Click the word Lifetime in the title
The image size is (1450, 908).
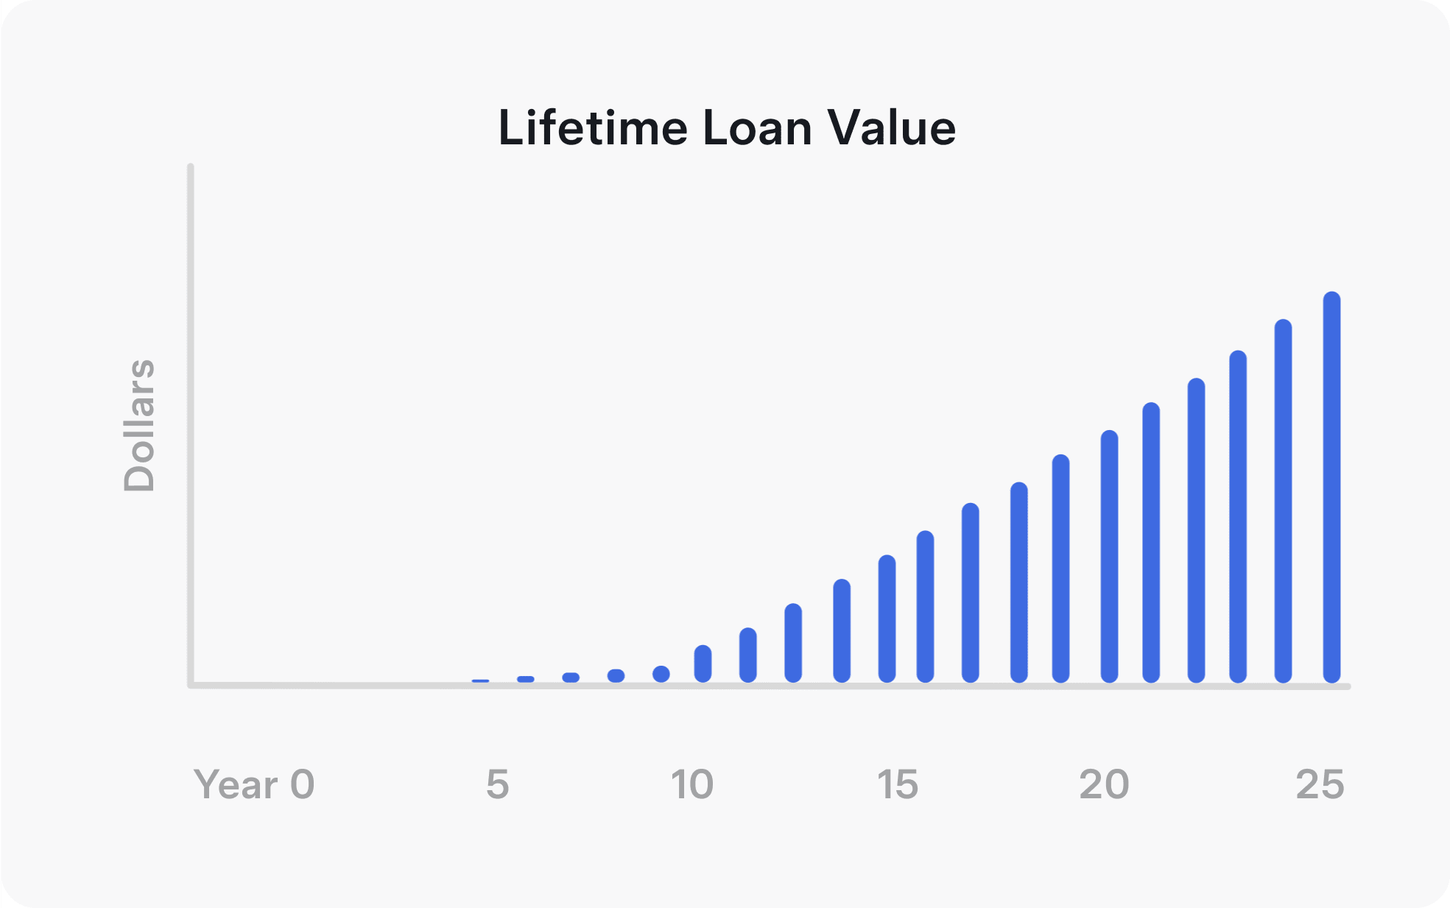click(593, 127)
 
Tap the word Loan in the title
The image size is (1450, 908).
click(758, 127)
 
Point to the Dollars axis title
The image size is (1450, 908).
click(139, 425)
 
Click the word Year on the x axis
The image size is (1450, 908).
click(236, 784)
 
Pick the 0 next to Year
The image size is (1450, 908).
click(303, 784)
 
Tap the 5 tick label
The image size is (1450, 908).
click(498, 784)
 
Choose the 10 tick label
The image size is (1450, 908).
click(692, 784)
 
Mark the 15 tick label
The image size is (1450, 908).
click(898, 784)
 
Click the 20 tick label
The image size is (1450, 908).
click(1104, 784)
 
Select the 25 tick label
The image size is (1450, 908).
click(1320, 784)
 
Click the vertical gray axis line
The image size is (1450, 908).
click(191, 425)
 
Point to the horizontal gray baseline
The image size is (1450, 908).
click(770, 686)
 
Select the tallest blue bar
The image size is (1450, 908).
click(1331, 487)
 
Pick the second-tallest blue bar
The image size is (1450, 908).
click(1283, 501)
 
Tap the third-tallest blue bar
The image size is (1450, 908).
click(1238, 516)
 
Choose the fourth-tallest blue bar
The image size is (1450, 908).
click(1196, 530)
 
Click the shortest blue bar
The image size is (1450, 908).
click(480, 681)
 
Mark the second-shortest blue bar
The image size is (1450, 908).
click(526, 679)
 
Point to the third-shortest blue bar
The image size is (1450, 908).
click(571, 678)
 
